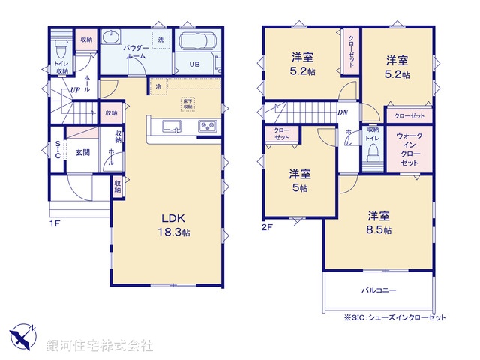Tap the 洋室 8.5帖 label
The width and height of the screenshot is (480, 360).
(x=378, y=223)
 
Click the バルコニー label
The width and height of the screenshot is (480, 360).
(x=379, y=289)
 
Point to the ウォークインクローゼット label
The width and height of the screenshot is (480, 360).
(x=409, y=149)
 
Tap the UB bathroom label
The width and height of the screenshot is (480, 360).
(x=194, y=64)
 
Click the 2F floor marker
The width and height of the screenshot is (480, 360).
(x=267, y=225)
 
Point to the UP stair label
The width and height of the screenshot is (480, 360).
(x=75, y=91)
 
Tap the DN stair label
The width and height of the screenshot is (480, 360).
(x=343, y=113)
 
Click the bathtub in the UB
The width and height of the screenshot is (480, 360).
(x=199, y=40)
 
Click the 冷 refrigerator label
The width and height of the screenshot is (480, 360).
(x=158, y=86)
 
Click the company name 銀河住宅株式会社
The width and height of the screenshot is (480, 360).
(x=99, y=344)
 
